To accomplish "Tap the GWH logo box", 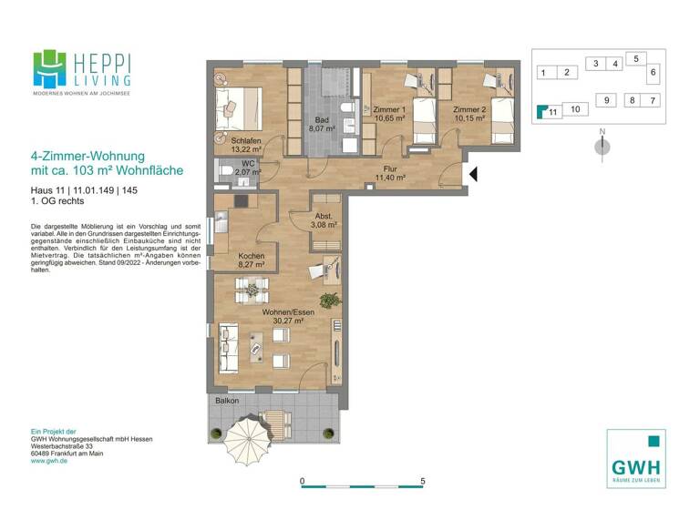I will [635, 458].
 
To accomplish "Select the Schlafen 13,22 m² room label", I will [247, 145].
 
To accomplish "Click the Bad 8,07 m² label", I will [322, 125].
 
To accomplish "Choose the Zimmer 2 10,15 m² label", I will [471, 114].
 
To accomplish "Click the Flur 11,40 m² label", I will [390, 173].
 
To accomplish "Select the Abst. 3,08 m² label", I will [324, 219].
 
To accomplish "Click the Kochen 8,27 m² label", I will [252, 261].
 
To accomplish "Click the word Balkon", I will [227, 400].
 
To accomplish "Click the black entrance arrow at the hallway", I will [471, 173].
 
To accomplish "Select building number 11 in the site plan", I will [551, 112].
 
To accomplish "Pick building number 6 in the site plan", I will [653, 71].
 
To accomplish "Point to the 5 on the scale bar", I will [423, 481].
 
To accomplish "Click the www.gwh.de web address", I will [51, 461].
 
